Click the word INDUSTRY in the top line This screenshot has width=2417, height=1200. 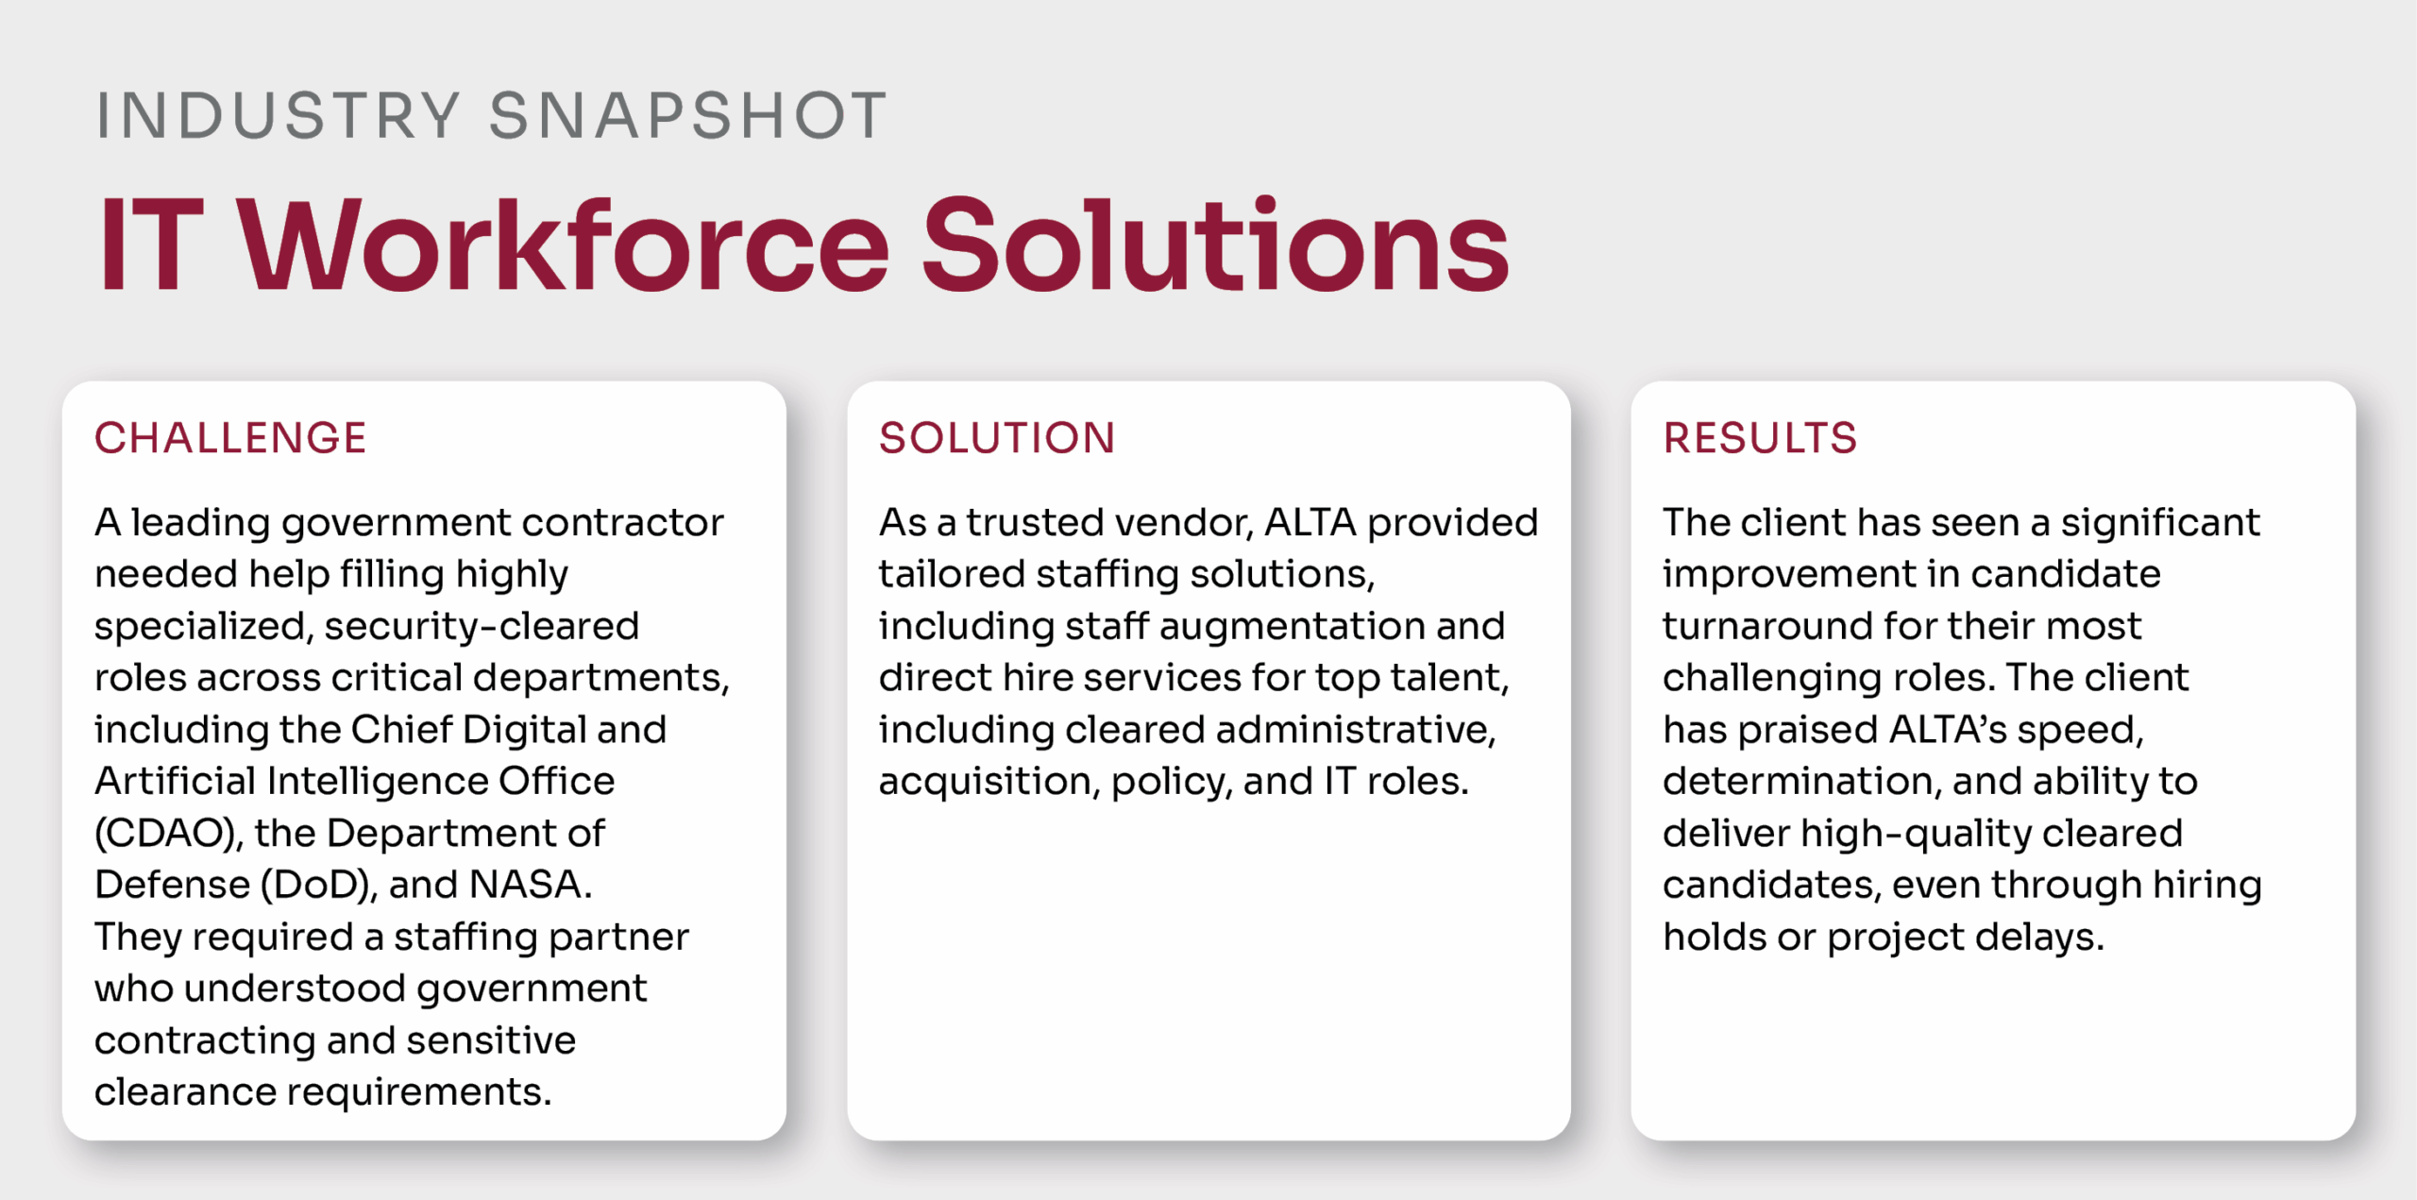click(279, 116)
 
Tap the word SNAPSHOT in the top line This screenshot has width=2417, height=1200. click(688, 116)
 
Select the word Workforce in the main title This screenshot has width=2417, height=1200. click(564, 245)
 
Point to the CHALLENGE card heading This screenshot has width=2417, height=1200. click(230, 438)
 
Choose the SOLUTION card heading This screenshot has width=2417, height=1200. click(997, 438)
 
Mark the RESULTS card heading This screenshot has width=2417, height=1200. click(1760, 438)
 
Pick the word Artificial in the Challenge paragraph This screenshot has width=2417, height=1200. click(175, 781)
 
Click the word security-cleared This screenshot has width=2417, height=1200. click(482, 627)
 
